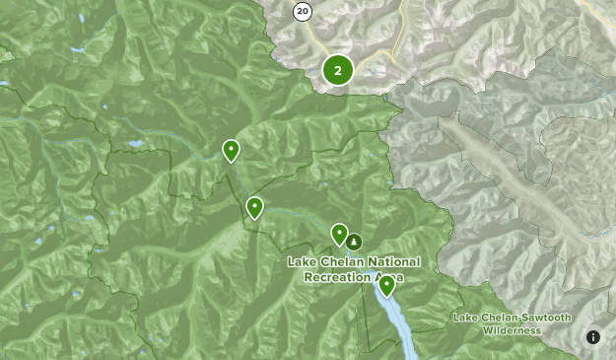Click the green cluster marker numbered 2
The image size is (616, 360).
coord(338,70)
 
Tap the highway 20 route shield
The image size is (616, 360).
coord(303,12)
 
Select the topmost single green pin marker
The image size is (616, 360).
coord(231,150)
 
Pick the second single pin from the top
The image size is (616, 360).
coord(254,207)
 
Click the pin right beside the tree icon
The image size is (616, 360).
coord(339,234)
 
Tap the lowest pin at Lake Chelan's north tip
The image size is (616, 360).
coord(386,285)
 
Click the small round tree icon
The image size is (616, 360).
coord(355,241)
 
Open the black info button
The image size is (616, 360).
coord(593,337)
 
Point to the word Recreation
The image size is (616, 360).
coord(338,278)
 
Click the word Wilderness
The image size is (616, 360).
coord(512,330)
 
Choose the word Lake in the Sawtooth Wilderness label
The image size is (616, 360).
coord(465,318)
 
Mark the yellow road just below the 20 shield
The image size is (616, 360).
coord(314,39)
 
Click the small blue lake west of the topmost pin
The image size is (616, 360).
coord(134,144)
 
